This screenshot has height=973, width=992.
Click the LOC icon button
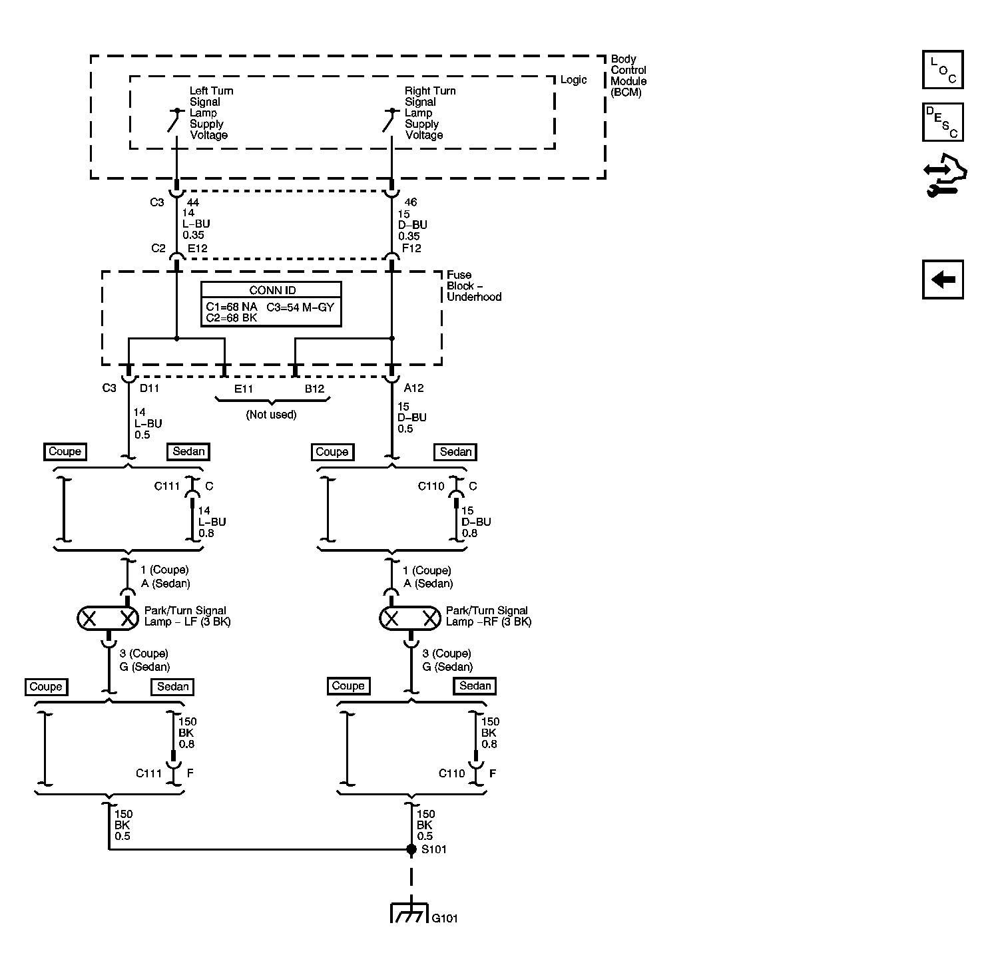(x=943, y=69)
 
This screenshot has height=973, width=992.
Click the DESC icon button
(x=943, y=122)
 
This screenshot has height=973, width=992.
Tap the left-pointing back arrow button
(x=943, y=279)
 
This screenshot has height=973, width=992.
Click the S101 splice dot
(x=411, y=849)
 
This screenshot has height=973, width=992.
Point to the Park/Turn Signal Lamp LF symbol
(x=108, y=619)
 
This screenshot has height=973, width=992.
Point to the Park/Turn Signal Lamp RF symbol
(x=410, y=619)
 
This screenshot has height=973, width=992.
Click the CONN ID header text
(x=272, y=290)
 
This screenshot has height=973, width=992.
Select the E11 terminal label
(x=244, y=389)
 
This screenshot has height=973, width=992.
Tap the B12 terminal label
(x=314, y=389)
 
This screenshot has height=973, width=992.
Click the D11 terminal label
(x=149, y=388)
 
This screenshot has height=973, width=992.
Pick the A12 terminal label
(x=413, y=388)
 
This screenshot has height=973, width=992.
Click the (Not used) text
(x=271, y=415)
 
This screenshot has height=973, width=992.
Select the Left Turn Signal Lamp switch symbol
(x=176, y=120)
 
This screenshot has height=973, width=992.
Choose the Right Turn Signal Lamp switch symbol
(x=391, y=120)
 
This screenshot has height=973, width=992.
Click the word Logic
(x=573, y=80)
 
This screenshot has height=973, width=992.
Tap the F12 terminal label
(x=411, y=248)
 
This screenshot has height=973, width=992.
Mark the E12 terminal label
(x=198, y=248)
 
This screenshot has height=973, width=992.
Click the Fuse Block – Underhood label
(x=474, y=286)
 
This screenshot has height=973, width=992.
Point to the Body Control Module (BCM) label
(x=628, y=75)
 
